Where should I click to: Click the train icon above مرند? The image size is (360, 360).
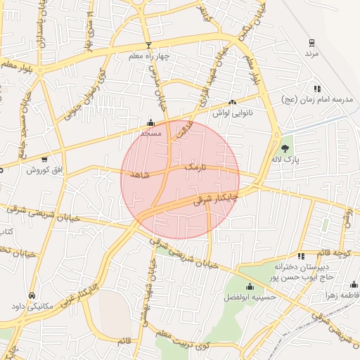point(311,43)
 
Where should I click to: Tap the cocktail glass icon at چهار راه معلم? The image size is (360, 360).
point(148,46)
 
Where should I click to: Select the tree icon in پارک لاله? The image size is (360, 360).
point(285,148)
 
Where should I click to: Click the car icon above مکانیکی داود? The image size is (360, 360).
point(33,295)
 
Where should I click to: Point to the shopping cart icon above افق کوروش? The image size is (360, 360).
point(45,160)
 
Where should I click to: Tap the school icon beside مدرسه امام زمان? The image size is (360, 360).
point(317,89)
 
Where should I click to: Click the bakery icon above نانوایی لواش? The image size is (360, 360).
point(233,103)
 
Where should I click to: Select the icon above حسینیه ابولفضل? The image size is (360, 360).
point(250,286)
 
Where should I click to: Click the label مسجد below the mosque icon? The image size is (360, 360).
point(150,132)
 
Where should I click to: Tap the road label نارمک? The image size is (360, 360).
point(196,168)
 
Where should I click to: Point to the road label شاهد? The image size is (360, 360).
point(141,177)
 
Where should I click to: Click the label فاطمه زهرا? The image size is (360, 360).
point(343,295)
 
